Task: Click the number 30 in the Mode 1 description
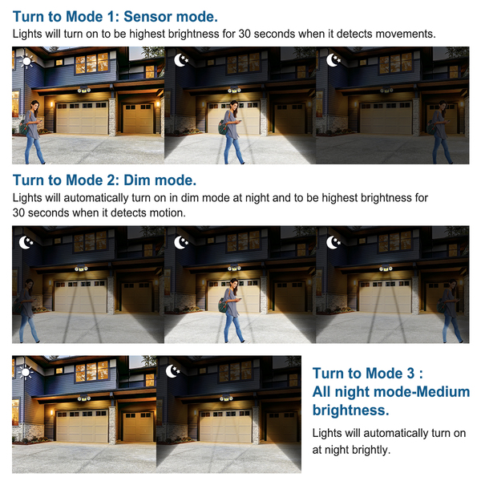coord(245,34)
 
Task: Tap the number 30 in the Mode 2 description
coord(18,212)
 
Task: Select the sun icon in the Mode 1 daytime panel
coord(26,62)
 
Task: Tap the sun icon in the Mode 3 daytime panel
coord(26,373)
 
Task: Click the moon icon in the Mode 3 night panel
coord(172,371)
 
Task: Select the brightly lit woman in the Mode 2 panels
coord(232,310)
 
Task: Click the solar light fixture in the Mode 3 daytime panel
coord(83,398)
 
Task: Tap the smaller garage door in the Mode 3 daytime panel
coord(138,426)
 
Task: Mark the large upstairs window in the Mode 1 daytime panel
coord(91,63)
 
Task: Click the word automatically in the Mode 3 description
coord(395,434)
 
